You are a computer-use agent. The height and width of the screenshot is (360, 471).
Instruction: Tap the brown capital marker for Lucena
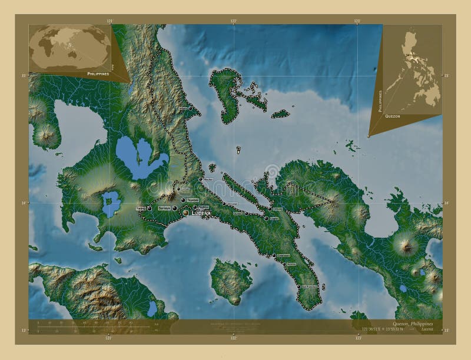pyautogui.click(x=186, y=212)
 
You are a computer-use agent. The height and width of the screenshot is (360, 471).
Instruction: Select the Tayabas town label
pyautogui.click(x=192, y=200)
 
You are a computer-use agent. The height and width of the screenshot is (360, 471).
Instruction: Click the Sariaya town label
pyautogui.click(x=164, y=208)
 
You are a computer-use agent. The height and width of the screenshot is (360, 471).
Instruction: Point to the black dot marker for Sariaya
pyautogui.click(x=175, y=208)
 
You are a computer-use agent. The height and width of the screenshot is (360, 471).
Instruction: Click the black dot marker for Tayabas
pyautogui.click(x=183, y=200)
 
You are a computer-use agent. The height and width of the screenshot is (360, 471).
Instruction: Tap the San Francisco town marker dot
pyautogui.click(x=298, y=286)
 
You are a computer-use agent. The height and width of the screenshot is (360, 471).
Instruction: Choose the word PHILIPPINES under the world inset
pyautogui.click(x=98, y=75)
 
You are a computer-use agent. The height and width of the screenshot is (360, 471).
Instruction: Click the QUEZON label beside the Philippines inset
pyautogui.click(x=392, y=116)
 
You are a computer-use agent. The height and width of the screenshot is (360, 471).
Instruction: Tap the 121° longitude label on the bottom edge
pyautogui.click(x=109, y=338)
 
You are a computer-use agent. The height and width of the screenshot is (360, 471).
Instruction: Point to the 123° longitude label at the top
pyautogui.click(x=357, y=21)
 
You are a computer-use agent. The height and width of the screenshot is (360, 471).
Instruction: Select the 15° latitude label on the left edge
pyautogui.click(x=24, y=76)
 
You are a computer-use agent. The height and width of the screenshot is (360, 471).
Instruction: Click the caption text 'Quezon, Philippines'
pyautogui.click(x=413, y=324)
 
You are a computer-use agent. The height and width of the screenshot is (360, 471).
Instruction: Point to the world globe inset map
pyautogui.click(x=71, y=47)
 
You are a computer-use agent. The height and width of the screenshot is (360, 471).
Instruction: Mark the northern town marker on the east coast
pyautogui.click(x=190, y=109)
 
